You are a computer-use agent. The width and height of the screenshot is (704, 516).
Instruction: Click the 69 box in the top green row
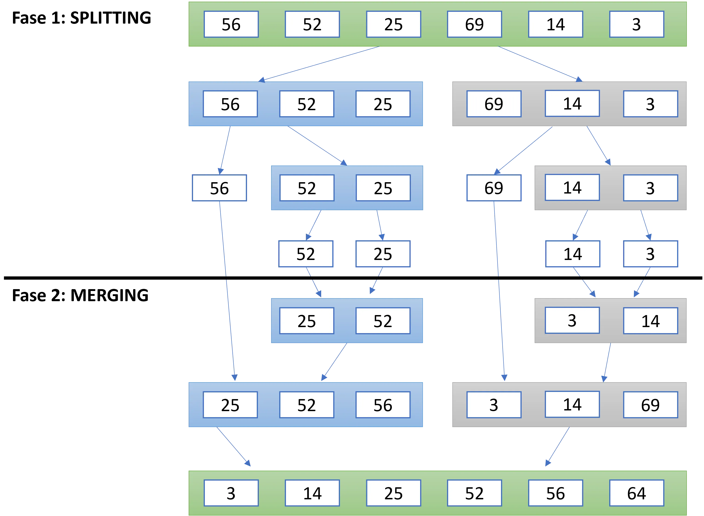474,24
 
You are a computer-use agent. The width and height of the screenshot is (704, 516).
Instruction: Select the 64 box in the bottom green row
637,493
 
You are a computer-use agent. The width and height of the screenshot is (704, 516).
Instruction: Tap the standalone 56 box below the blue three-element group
219,188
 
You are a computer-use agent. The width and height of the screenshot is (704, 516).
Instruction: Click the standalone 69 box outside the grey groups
494,188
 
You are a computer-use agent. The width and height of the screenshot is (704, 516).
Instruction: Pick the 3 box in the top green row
637,24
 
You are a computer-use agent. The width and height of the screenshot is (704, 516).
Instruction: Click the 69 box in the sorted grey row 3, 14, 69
650,405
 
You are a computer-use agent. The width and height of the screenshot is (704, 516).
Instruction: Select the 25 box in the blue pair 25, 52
307,321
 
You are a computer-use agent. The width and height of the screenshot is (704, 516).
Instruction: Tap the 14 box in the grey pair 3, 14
650,321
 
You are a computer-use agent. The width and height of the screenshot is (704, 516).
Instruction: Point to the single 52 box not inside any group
306,254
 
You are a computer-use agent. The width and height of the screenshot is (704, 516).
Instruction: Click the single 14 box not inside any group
572,254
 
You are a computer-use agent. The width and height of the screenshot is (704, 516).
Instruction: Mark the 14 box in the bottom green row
312,493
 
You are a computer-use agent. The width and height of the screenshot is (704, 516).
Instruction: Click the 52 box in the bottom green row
474,493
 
